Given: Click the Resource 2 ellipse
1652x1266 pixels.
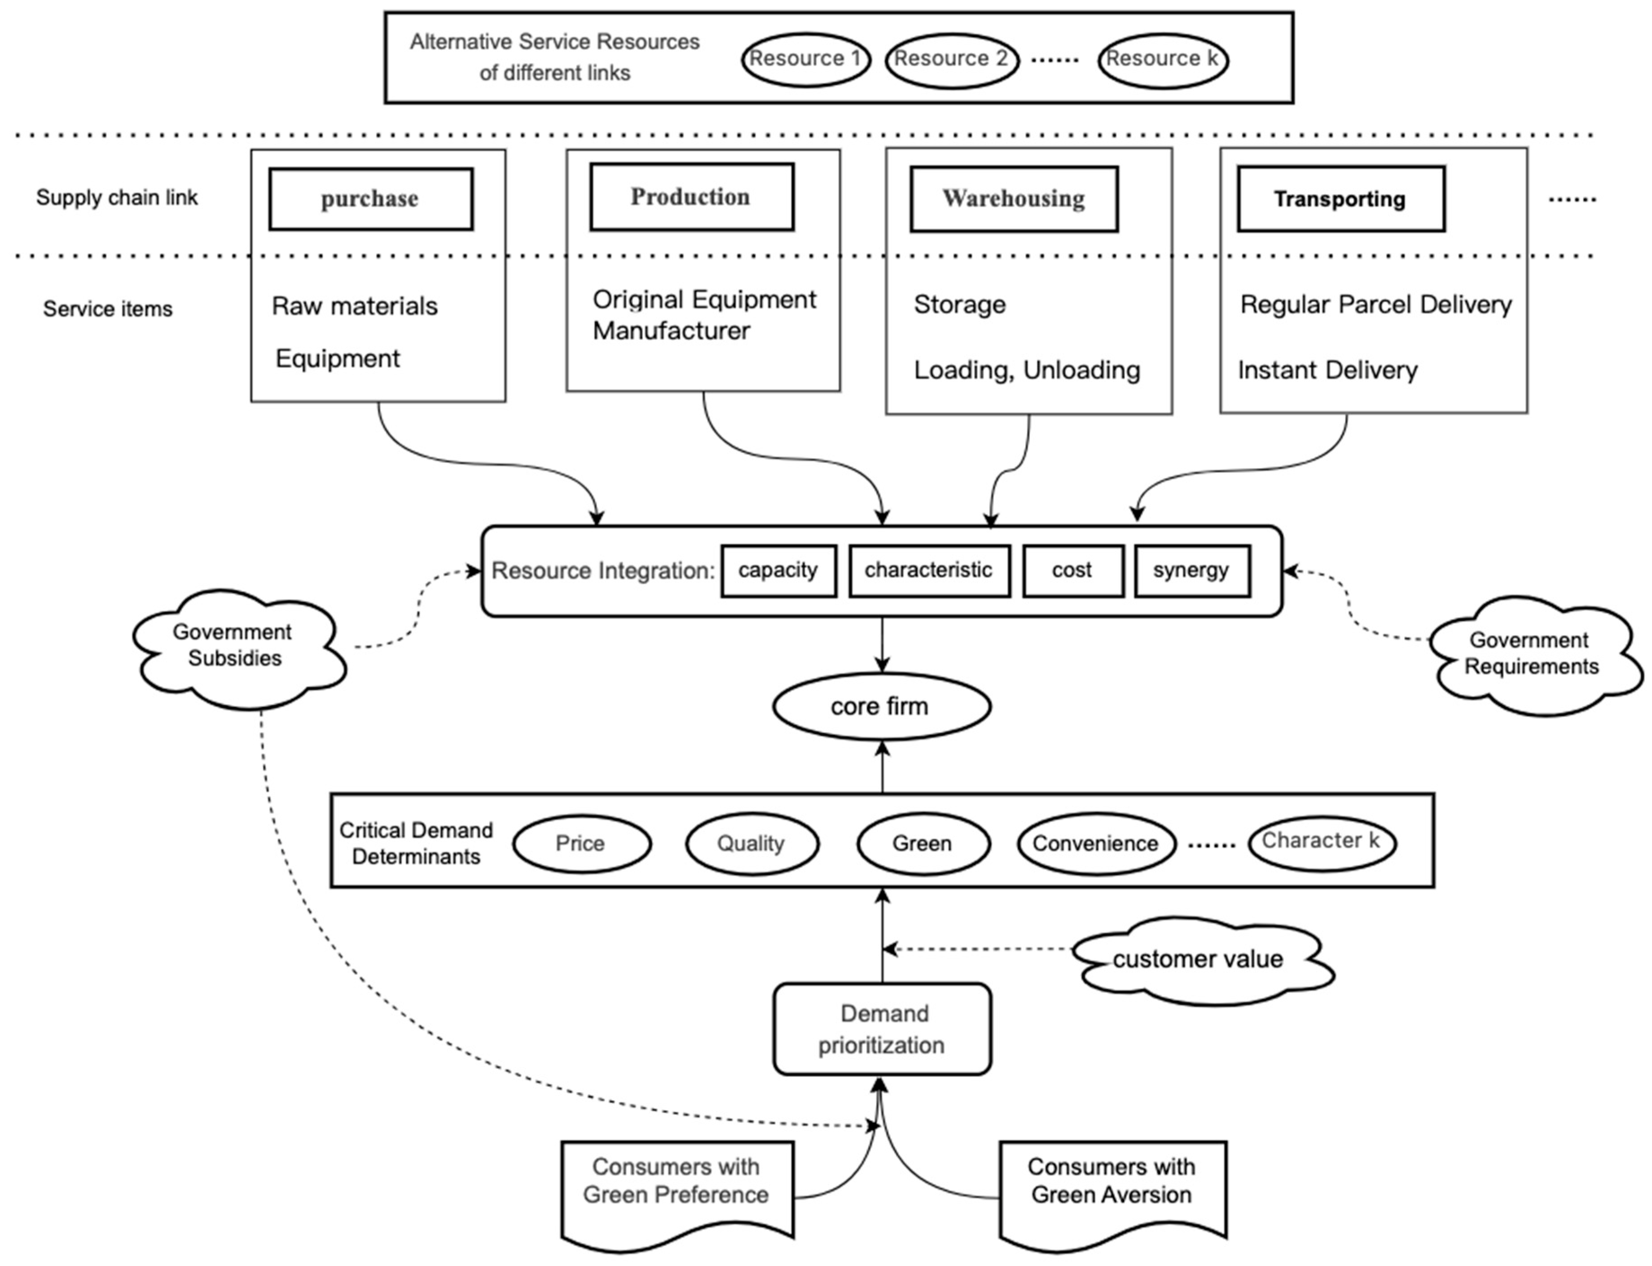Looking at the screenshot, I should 951,60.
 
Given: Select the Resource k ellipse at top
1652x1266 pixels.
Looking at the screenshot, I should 1162,60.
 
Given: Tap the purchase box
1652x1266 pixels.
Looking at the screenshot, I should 371,199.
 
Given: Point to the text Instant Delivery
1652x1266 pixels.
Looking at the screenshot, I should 1327,370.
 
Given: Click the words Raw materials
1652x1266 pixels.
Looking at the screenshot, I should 354,306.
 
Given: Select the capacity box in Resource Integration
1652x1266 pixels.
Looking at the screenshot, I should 778,570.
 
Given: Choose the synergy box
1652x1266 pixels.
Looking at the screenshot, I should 1192,570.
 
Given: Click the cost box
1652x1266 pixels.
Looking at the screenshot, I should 1072,570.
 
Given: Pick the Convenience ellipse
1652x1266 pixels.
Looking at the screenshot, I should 1095,843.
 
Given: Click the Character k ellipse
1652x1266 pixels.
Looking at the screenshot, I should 1321,842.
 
